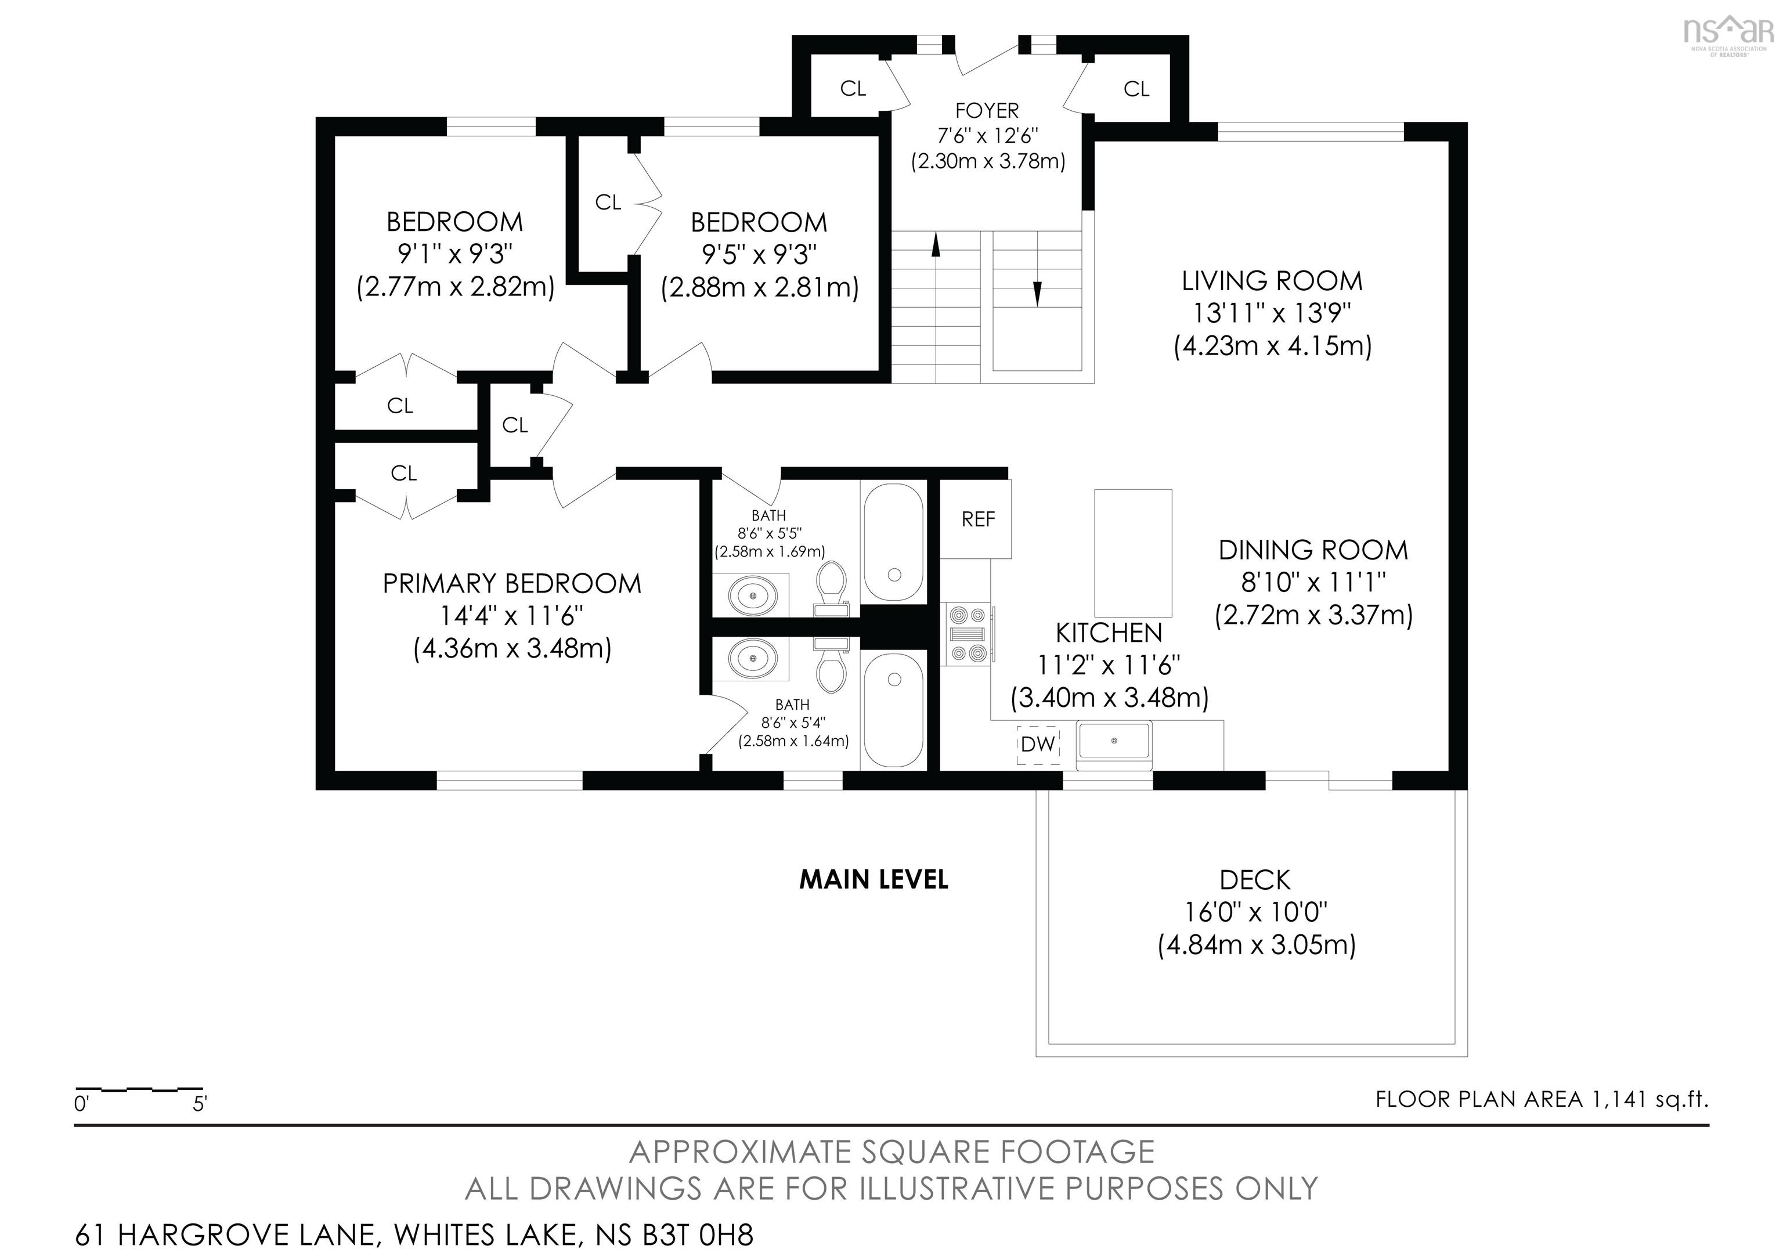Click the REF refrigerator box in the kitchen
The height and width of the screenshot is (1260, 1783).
click(x=976, y=519)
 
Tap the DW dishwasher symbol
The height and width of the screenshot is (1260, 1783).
click(x=1039, y=743)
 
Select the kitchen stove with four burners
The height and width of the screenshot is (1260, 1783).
click(x=968, y=634)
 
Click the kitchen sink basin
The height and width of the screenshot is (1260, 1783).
click(x=1114, y=741)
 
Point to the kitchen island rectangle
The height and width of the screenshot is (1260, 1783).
click(x=1133, y=553)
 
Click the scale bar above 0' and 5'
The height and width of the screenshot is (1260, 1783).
click(x=139, y=1090)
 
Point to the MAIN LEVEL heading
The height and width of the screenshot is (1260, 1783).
click(x=874, y=880)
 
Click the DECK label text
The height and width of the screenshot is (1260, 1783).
click(x=1255, y=880)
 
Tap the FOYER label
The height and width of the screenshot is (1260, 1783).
click(x=987, y=110)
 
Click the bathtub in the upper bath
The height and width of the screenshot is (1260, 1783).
click(x=893, y=543)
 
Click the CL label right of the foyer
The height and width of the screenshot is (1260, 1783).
click(x=1136, y=89)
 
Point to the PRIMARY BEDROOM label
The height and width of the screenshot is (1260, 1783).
click(x=512, y=584)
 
